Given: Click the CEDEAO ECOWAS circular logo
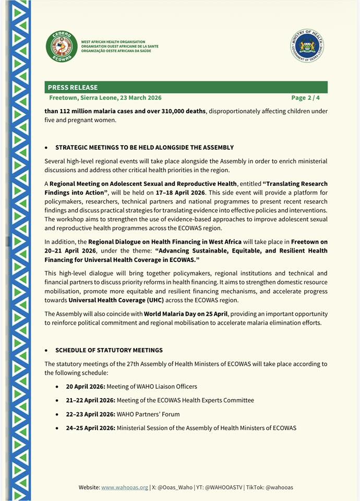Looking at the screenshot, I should (61, 46).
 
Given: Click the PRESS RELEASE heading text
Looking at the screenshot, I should (73, 88).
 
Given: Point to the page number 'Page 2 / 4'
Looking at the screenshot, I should (305, 98).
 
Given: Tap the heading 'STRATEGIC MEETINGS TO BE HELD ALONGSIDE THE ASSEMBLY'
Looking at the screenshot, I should (145, 148).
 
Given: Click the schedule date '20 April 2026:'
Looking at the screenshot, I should (86, 387).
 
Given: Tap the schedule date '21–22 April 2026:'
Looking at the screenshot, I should (89, 400).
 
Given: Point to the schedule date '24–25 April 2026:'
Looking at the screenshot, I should (90, 428).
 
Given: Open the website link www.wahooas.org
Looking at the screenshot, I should (125, 487).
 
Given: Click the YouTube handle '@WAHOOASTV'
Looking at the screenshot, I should (222, 487).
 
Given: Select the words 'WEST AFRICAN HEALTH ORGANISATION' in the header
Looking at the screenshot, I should (113, 42).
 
